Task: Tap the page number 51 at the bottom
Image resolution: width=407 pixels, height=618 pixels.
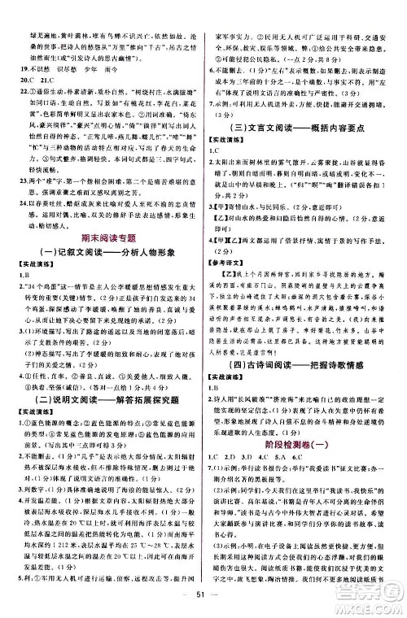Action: pos(203,600)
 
